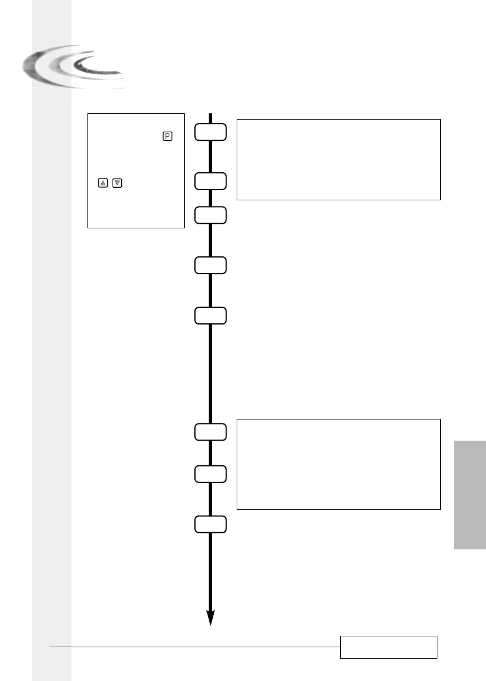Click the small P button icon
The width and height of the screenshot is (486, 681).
[168, 136]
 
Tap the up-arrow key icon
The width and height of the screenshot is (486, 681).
[103, 183]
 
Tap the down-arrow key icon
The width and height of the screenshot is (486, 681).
[117, 183]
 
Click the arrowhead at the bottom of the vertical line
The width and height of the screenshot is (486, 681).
[210, 617]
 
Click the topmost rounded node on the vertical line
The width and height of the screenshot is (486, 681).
[210, 132]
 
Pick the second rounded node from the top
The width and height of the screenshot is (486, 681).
[210, 181]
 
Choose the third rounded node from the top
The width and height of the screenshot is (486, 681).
[210, 215]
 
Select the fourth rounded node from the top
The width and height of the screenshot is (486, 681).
[210, 265]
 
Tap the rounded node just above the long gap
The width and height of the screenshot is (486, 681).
[210, 315]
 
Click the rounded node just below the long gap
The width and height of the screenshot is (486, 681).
[210, 431]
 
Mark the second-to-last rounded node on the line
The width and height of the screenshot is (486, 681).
[210, 474]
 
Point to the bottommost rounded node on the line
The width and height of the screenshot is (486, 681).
[210, 524]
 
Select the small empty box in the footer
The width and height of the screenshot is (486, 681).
[389, 647]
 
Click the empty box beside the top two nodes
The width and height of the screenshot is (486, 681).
[338, 159]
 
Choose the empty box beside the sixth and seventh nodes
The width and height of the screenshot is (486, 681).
[338, 464]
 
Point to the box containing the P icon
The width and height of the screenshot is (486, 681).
[136, 171]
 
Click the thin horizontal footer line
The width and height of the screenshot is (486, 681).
[194, 647]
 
